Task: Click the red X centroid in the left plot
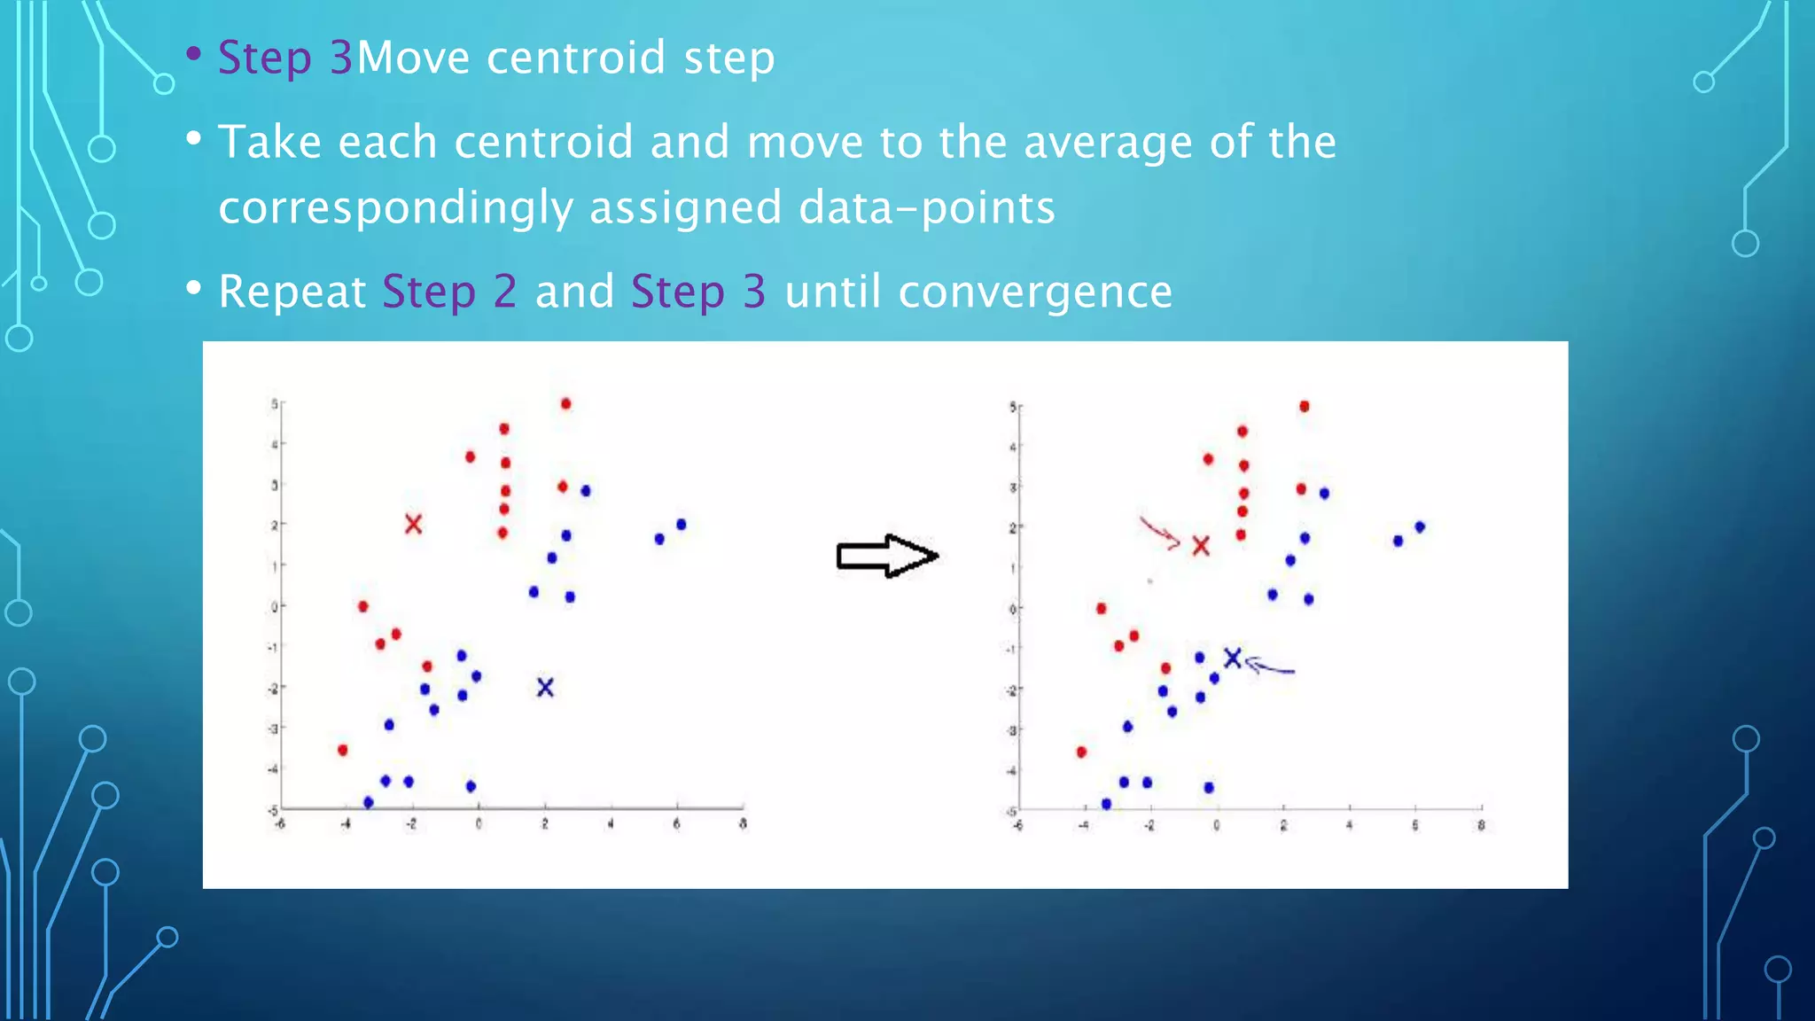coord(413,524)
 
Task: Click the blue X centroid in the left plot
coord(545,687)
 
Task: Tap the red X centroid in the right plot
coord(1201,546)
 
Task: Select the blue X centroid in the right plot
coord(1233,658)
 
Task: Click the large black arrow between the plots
coord(886,557)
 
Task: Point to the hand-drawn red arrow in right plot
coord(1159,533)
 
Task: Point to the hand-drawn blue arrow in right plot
coord(1271,667)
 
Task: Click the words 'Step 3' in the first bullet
coord(285,58)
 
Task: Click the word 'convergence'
coord(1035,292)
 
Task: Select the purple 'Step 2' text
coord(449,292)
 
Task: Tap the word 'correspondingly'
coord(396,209)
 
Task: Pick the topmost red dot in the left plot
coord(566,404)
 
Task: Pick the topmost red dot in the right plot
coord(1305,407)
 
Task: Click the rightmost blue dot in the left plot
coord(682,525)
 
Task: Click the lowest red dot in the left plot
coord(343,751)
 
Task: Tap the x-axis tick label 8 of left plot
coord(743,824)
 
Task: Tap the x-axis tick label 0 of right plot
coord(1216,826)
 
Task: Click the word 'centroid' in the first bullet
coord(576,58)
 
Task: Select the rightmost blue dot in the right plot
coord(1420,527)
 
